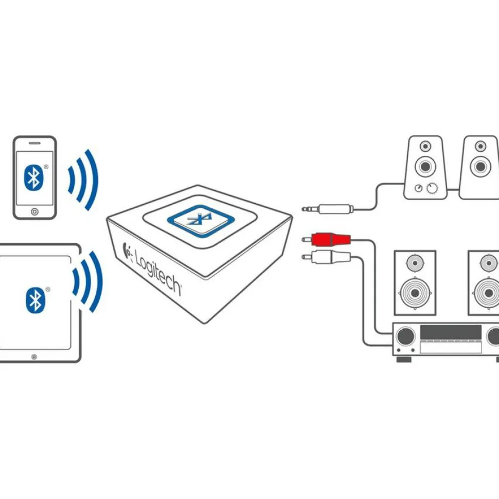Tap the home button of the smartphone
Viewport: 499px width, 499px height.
(34, 211)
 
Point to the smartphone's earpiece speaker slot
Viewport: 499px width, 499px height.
(34, 143)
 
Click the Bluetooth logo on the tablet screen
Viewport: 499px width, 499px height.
(35, 300)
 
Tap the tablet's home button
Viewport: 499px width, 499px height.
(34, 357)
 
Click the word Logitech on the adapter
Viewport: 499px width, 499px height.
(158, 272)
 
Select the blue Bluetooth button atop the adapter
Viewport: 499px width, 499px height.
(201, 221)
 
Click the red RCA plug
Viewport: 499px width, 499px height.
(326, 239)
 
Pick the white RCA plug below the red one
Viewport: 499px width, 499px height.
(326, 257)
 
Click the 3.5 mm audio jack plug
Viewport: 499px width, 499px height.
(328, 209)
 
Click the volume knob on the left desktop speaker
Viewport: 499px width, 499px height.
(432, 188)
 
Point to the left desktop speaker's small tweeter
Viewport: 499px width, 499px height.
(425, 147)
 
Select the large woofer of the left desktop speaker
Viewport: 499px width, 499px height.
(425, 166)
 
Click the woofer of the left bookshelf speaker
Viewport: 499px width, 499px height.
(415, 293)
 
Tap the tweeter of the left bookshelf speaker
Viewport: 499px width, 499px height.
(415, 263)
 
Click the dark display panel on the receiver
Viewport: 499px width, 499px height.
(451, 332)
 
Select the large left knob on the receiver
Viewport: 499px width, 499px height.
(406, 336)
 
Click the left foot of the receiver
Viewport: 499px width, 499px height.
(404, 359)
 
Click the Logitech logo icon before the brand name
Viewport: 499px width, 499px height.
(127, 251)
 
